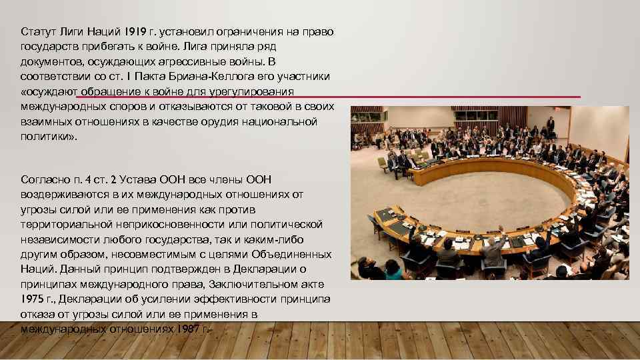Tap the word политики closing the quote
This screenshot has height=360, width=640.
click(x=49, y=136)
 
